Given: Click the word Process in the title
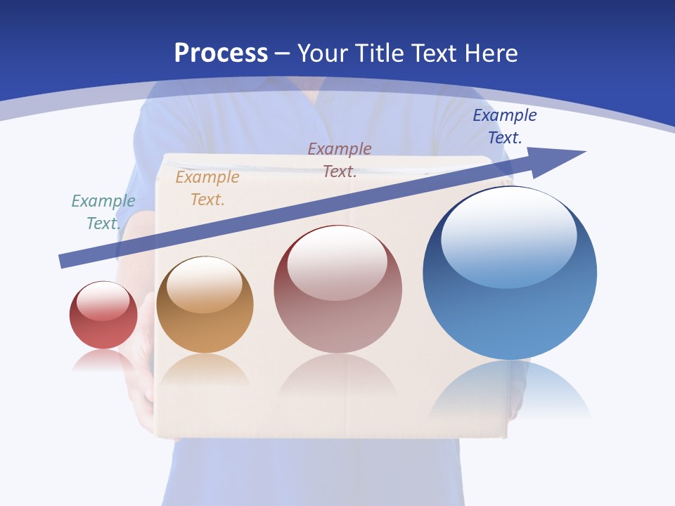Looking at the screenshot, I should click(221, 53).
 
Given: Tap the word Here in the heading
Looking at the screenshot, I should click(490, 53).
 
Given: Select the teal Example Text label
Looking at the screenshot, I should click(103, 212).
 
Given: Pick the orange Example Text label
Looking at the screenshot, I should click(207, 188).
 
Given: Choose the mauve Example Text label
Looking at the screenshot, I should click(340, 160).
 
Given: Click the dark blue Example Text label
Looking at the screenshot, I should click(505, 126).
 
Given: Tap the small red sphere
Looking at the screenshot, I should click(103, 327).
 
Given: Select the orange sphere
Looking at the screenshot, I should click(205, 330).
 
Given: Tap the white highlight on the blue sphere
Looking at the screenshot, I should click(508, 235).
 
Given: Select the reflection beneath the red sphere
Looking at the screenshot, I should click(103, 360).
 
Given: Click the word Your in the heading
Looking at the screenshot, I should click(321, 53).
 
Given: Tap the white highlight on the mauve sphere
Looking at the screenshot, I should click(337, 261).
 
